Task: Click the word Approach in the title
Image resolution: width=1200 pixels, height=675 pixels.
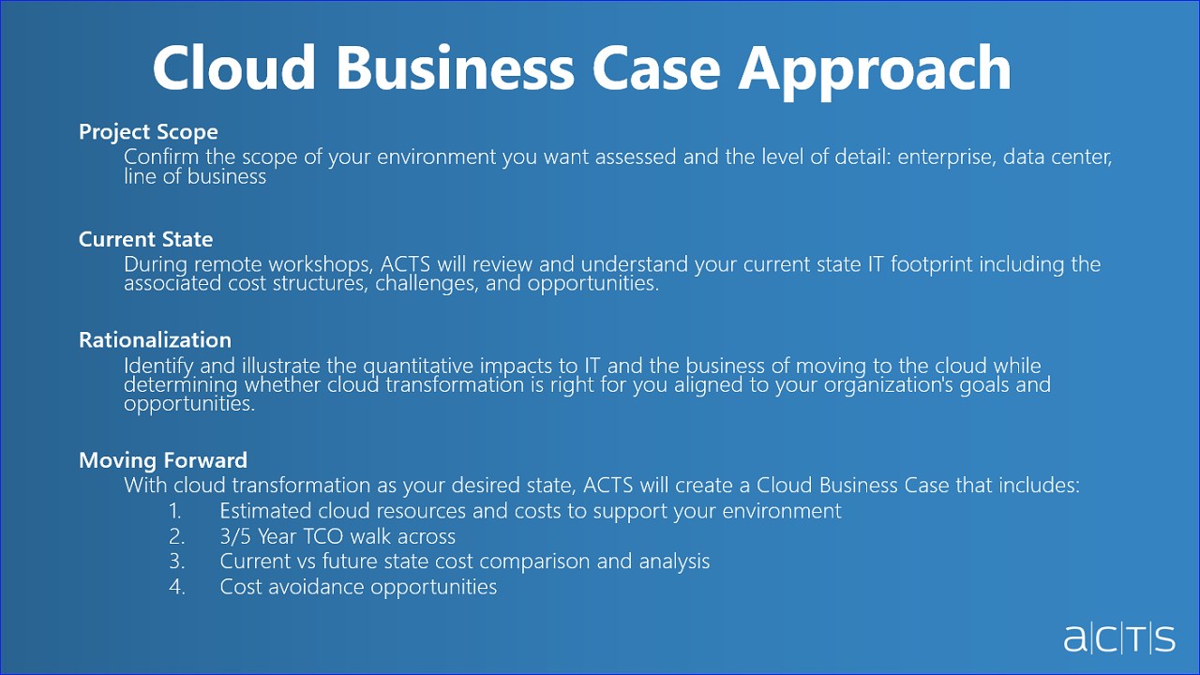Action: point(875,68)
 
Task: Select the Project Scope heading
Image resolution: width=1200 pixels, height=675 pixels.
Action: point(148,132)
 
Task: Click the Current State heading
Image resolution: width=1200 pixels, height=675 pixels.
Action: point(145,239)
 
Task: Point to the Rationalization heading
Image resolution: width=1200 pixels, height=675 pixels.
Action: point(156,339)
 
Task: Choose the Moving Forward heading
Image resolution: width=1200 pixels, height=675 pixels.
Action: point(163,460)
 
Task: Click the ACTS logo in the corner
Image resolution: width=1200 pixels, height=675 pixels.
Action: point(1119,639)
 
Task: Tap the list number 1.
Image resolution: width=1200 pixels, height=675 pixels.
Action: point(175,511)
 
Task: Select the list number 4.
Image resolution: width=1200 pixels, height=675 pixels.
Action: point(177,587)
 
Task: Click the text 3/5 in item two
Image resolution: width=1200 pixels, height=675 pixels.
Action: point(235,536)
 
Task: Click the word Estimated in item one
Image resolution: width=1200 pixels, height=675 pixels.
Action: point(265,511)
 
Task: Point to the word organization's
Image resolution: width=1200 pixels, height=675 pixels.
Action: point(889,385)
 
